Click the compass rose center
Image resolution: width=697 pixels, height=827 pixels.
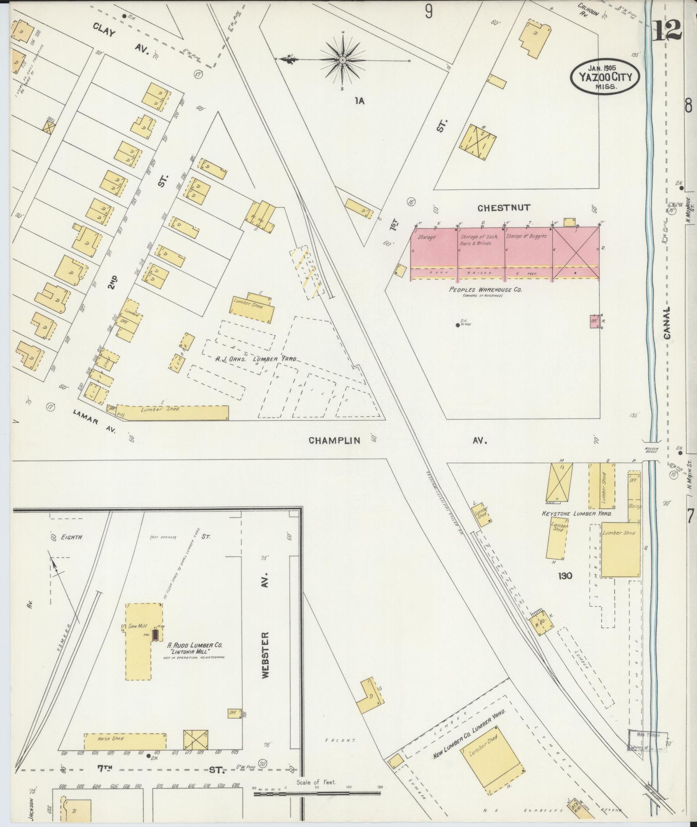point(342,60)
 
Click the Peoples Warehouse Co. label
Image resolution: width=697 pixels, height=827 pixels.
point(485,290)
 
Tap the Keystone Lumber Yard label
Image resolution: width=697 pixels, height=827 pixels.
point(576,514)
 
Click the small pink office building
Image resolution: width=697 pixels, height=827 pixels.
point(595,322)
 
